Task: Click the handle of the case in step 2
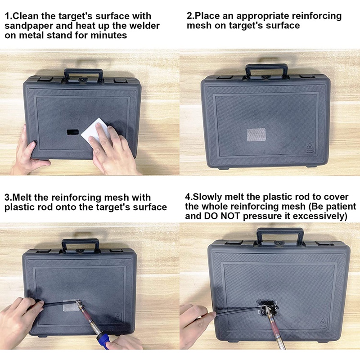(266, 71)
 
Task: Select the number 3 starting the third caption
(7, 198)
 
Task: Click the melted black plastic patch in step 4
(266, 307)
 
